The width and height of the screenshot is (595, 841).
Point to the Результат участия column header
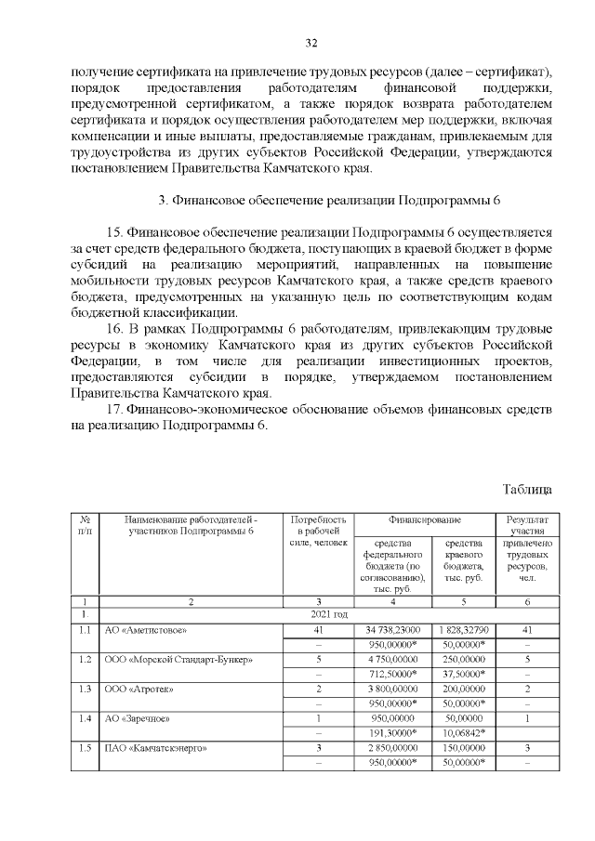tap(527, 525)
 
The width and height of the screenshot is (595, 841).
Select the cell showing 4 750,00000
tap(390, 659)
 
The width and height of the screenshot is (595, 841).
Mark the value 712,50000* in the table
tap(390, 674)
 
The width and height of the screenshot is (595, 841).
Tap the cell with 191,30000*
tap(390, 733)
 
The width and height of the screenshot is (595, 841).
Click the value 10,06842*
tap(462, 733)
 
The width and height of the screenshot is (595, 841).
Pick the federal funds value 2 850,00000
tap(390, 748)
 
